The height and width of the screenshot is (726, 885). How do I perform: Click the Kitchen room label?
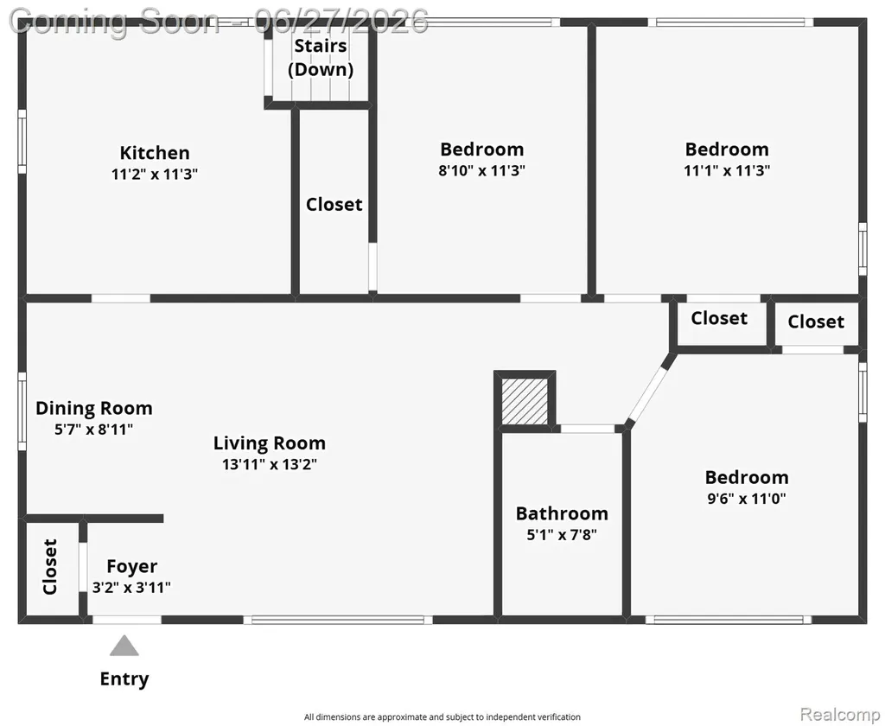click(155, 153)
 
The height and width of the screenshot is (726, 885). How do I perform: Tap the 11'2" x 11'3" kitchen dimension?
click(155, 174)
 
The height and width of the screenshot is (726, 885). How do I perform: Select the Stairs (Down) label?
click(321, 58)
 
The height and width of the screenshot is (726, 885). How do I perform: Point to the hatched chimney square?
click(525, 401)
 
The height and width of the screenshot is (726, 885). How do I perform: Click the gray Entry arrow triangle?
click(124, 646)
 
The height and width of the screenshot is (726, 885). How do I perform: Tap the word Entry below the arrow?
click(124, 678)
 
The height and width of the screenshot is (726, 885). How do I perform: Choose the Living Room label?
click(270, 443)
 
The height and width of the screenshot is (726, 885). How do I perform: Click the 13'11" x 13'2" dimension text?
click(270, 465)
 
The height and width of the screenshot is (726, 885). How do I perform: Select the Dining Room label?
click(93, 408)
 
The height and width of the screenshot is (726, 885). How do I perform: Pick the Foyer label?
click(132, 566)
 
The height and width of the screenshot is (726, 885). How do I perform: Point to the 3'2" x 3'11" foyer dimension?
click(131, 588)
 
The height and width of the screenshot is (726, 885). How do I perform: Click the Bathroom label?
click(562, 513)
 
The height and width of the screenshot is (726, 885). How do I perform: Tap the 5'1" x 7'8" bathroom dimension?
click(562, 534)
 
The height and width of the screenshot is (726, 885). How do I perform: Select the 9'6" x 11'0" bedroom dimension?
click(747, 499)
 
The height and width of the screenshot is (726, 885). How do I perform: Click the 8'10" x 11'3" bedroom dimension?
click(482, 170)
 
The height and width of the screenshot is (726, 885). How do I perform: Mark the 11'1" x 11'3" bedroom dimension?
click(727, 170)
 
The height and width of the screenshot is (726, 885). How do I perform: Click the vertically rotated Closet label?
click(50, 567)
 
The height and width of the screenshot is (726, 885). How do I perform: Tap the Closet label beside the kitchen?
click(334, 204)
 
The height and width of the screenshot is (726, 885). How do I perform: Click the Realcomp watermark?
click(841, 714)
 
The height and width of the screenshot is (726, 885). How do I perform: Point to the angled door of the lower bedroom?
click(649, 392)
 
